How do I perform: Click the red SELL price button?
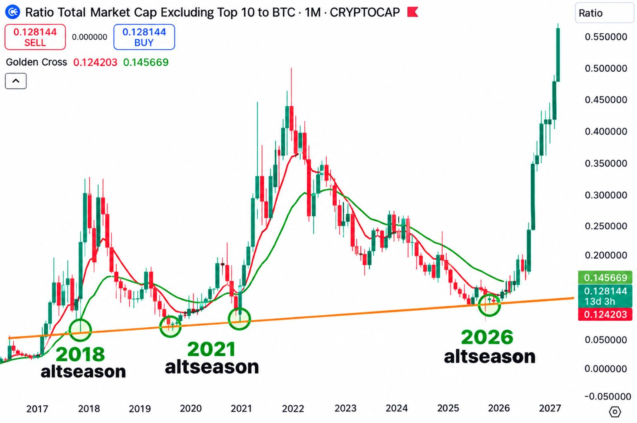pos(35,37)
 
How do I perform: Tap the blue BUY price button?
pos(144,37)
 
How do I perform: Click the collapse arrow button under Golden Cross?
pos(16,81)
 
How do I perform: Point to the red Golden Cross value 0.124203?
pos(95,62)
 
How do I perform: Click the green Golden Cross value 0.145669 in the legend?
pos(146,62)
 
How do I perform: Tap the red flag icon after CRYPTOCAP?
pos(413,12)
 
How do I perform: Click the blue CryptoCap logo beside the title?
pos(13,12)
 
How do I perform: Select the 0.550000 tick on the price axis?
pos(606,37)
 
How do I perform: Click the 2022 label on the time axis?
pos(293,408)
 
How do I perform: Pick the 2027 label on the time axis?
pos(550,408)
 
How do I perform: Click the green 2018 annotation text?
pos(81,354)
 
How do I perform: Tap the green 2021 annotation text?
pos(212,349)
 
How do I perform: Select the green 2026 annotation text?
pos(487,337)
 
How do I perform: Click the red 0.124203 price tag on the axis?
pos(605,314)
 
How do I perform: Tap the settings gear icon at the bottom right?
pos(615,411)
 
